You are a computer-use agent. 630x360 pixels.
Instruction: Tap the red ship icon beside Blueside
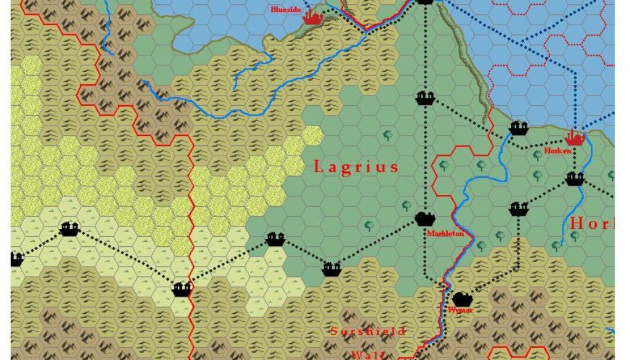[313, 17]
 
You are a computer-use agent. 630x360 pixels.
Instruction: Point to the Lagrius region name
[356, 167]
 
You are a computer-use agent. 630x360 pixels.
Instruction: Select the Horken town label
[557, 151]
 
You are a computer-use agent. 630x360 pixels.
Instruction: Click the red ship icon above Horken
[575, 138]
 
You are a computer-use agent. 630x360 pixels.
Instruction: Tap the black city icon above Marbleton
[425, 218]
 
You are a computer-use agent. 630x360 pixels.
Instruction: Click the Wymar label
[461, 310]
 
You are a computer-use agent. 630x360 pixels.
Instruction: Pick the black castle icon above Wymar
[462, 298]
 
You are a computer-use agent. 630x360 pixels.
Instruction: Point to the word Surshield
[368, 332]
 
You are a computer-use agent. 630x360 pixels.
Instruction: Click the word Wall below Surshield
[368, 354]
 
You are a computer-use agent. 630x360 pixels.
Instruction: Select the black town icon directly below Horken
[575, 179]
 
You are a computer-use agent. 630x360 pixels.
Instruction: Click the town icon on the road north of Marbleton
[425, 98]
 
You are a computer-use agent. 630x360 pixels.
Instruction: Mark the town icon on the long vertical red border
[181, 289]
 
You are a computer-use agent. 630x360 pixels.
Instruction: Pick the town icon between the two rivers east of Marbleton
[519, 209]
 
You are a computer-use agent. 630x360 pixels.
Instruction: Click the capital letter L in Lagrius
[319, 167]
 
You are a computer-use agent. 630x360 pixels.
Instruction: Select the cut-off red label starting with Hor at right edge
[591, 223]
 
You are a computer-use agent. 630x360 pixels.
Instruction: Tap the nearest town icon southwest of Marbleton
[332, 269]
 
